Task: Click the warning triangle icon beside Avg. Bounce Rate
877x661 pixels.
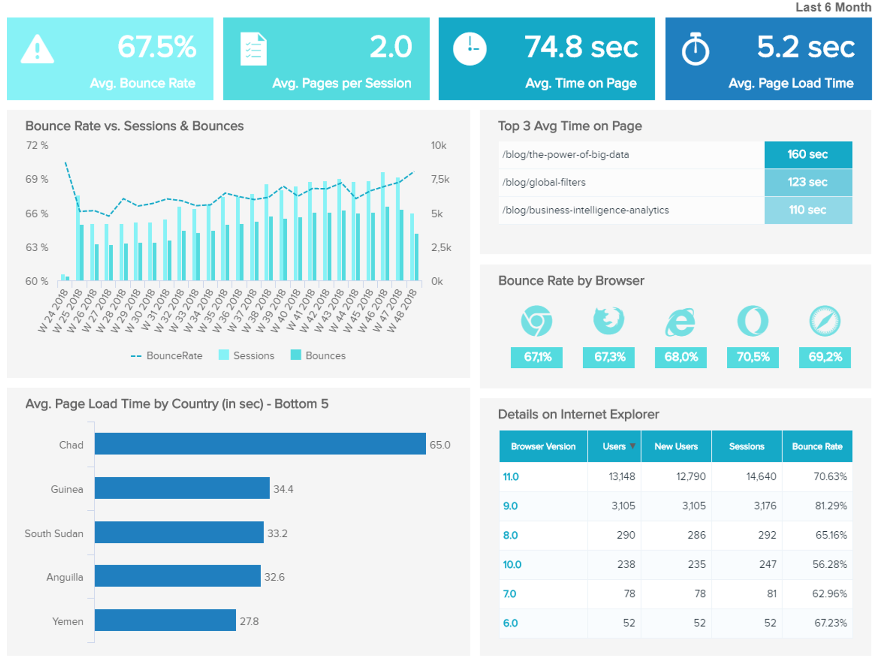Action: coord(37,49)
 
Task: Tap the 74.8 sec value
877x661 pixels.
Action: coord(581,47)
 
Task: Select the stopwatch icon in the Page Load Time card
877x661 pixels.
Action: coord(695,49)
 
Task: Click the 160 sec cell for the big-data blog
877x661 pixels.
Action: coord(808,154)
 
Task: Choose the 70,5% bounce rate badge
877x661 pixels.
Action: coord(753,357)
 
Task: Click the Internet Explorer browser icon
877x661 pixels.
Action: coord(680,322)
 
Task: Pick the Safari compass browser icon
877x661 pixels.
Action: coord(824,321)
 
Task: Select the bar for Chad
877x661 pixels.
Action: coord(260,444)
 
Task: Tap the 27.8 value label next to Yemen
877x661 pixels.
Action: coord(249,621)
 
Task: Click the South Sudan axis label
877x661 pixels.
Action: coord(54,534)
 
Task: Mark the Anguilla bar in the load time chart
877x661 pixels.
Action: coord(178,576)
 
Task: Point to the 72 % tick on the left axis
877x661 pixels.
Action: coord(37,145)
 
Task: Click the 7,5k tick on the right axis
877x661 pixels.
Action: coord(440,180)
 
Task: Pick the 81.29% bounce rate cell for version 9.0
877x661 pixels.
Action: coord(830,506)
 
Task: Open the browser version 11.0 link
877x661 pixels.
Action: coord(511,476)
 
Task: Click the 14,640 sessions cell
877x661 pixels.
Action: coord(761,476)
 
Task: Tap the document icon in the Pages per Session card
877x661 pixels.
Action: coord(254,49)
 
